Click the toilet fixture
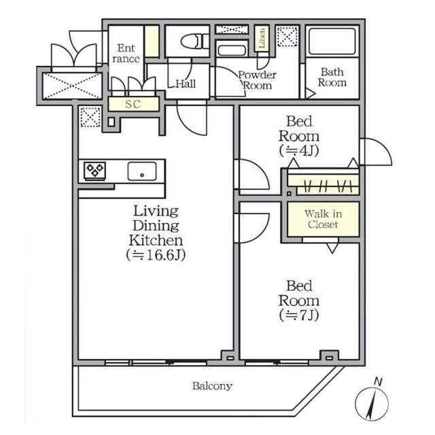(x=195, y=41)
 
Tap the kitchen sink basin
(x=142, y=171)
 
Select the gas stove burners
(x=95, y=170)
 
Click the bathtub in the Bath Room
(x=332, y=41)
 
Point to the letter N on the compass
(x=378, y=382)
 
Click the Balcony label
(x=212, y=386)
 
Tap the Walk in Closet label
(x=324, y=219)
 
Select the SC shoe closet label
(x=133, y=104)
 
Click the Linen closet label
(x=262, y=38)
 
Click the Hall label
(x=186, y=84)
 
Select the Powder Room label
(x=257, y=80)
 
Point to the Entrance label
(x=126, y=53)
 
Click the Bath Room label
(x=332, y=77)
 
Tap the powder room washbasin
(x=232, y=50)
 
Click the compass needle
(x=372, y=404)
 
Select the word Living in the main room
(x=156, y=211)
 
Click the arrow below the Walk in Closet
(x=332, y=247)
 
